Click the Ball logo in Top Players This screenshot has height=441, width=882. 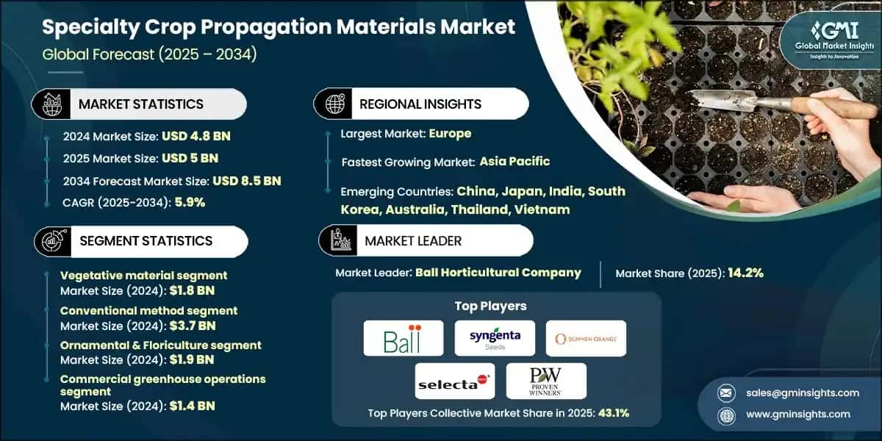403,338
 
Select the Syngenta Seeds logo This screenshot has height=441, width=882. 495,338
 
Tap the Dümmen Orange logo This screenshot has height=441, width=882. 586,338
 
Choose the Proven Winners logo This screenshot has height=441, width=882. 546,381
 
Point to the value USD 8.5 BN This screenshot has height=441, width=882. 247,181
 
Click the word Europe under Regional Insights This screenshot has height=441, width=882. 450,134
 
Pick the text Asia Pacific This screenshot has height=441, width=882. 514,162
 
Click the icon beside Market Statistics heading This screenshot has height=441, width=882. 51,104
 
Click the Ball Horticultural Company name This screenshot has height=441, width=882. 498,273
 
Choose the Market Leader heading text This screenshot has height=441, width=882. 413,240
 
